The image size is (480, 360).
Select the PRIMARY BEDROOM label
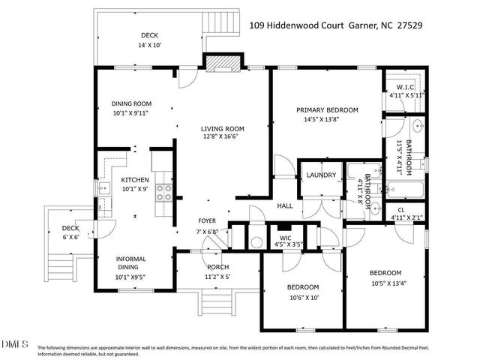326,109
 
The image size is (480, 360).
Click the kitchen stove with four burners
163,193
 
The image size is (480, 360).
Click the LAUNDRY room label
321,175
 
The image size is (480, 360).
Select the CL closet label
401,210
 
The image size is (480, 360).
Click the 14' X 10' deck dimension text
150,46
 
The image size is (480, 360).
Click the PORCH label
217,267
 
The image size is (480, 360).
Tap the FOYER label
207,220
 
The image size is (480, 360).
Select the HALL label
285,205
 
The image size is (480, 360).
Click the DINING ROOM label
131,103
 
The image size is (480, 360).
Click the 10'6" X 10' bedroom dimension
303,297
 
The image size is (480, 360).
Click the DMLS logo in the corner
15,344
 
